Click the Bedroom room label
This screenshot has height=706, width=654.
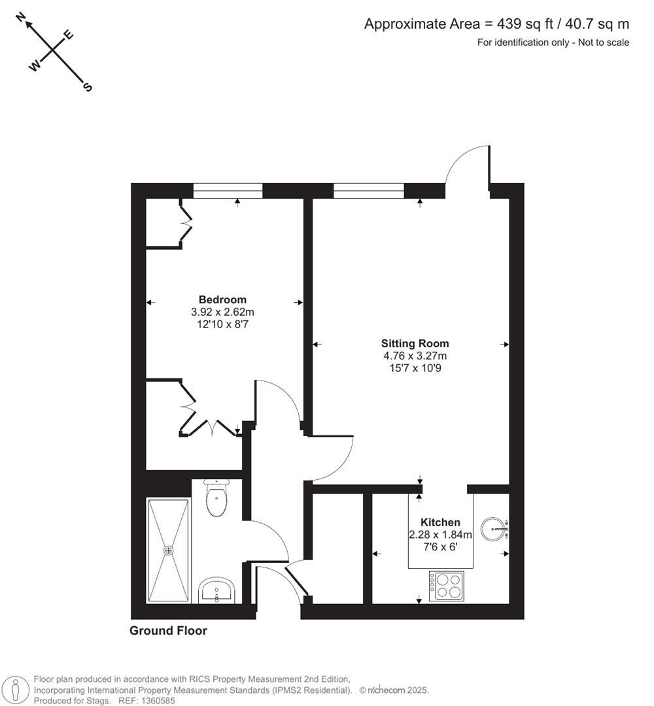coord(223,300)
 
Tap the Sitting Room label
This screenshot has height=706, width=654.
coord(415,343)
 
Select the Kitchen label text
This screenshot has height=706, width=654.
coord(440,522)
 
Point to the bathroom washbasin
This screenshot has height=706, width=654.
coord(216,591)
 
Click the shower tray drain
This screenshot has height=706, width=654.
coord(169,550)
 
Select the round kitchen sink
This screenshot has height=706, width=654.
coord(494,529)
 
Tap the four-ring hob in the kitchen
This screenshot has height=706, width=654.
coord(447,586)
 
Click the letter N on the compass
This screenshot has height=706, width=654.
coord(20,19)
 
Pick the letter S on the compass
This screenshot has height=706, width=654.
coord(88,87)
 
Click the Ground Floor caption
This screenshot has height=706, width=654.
coord(168,631)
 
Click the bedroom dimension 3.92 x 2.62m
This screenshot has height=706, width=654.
coord(223,312)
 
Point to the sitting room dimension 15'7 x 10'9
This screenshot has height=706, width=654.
coord(415,367)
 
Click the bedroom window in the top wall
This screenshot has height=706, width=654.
coord(228,191)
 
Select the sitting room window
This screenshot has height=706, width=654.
coord(369,191)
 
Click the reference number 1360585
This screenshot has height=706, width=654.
coord(158,701)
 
